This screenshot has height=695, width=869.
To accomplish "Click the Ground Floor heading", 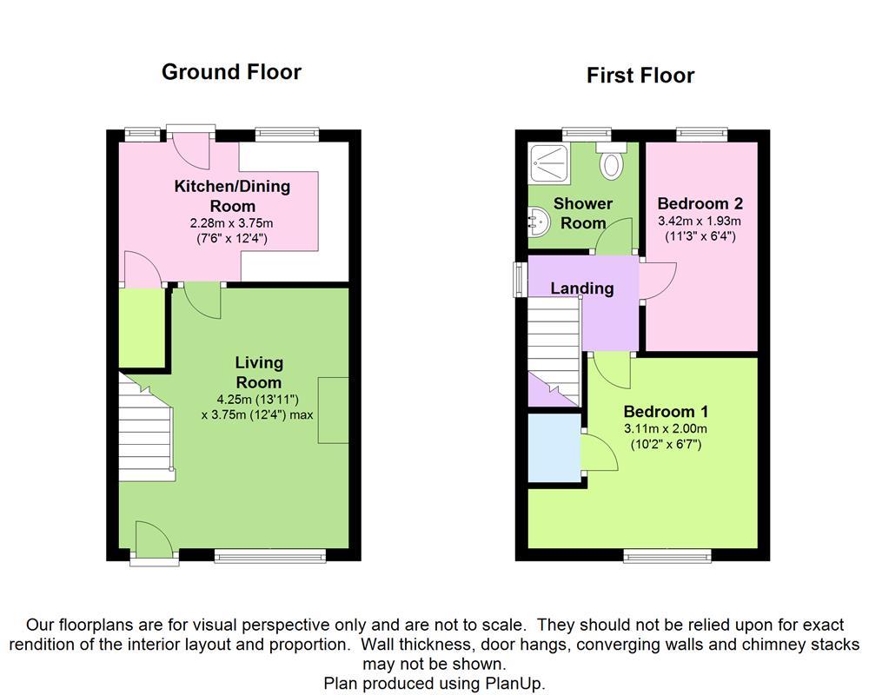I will (231, 72).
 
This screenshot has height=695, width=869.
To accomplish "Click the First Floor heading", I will (640, 76).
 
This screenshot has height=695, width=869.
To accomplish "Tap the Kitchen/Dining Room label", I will (232, 195).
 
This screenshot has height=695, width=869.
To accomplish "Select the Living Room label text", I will (259, 372).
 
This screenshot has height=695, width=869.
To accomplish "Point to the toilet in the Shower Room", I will (614, 161).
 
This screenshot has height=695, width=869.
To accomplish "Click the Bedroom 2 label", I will (700, 204).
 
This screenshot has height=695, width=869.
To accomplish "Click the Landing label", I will (582, 288).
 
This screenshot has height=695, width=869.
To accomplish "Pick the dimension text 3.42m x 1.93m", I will (700, 221).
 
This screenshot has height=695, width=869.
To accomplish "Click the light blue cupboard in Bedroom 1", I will (554, 447).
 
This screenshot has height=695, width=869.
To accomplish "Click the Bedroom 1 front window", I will (667, 554).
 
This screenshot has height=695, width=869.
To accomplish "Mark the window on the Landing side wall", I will (520, 279).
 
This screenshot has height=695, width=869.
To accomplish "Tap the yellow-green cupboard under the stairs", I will (142, 327).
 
